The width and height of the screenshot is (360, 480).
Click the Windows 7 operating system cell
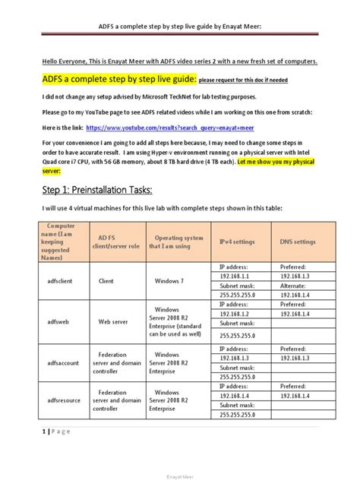pyautogui.click(x=173, y=280)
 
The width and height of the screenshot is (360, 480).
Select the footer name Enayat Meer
pyautogui.click(x=180, y=475)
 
